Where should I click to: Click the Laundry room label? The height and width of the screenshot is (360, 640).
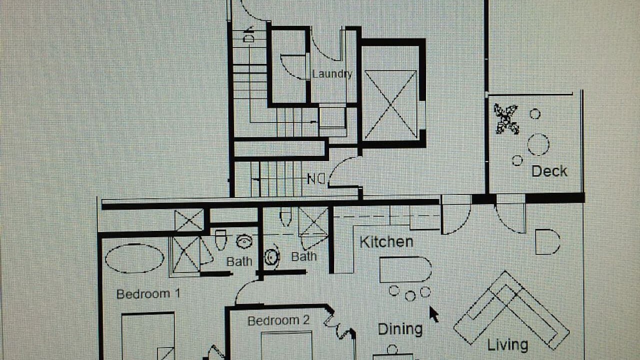pos(332,74)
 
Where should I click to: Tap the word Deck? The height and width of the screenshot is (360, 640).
pos(549,171)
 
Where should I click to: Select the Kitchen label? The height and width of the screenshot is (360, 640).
pos(386,242)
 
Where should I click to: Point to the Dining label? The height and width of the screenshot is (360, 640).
pos(400,329)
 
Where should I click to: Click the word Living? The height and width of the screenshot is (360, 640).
pos(507,345)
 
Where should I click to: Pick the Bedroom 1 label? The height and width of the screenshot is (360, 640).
pos(148,293)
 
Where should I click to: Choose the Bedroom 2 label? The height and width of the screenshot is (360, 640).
pos(278,320)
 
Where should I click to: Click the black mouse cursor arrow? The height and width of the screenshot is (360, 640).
pos(433,314)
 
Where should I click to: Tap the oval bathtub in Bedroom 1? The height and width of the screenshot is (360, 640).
pos(134,258)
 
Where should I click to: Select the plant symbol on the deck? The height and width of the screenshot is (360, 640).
pos(506,119)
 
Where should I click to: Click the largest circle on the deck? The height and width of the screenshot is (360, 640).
pos(538,144)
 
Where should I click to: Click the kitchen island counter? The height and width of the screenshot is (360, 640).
pos(405,269)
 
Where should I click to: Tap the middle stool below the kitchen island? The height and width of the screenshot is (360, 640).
pos(410,296)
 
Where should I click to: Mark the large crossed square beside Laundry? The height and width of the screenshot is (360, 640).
pos(390,105)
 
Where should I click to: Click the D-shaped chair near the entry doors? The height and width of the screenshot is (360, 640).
pos(547,241)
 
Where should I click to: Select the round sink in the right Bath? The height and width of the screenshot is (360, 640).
pos(271,257)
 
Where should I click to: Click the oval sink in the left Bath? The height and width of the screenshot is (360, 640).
pos(244,241)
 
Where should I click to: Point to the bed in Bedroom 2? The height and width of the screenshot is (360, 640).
pos(286,345)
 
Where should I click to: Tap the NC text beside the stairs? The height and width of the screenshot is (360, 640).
pos(316,179)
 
